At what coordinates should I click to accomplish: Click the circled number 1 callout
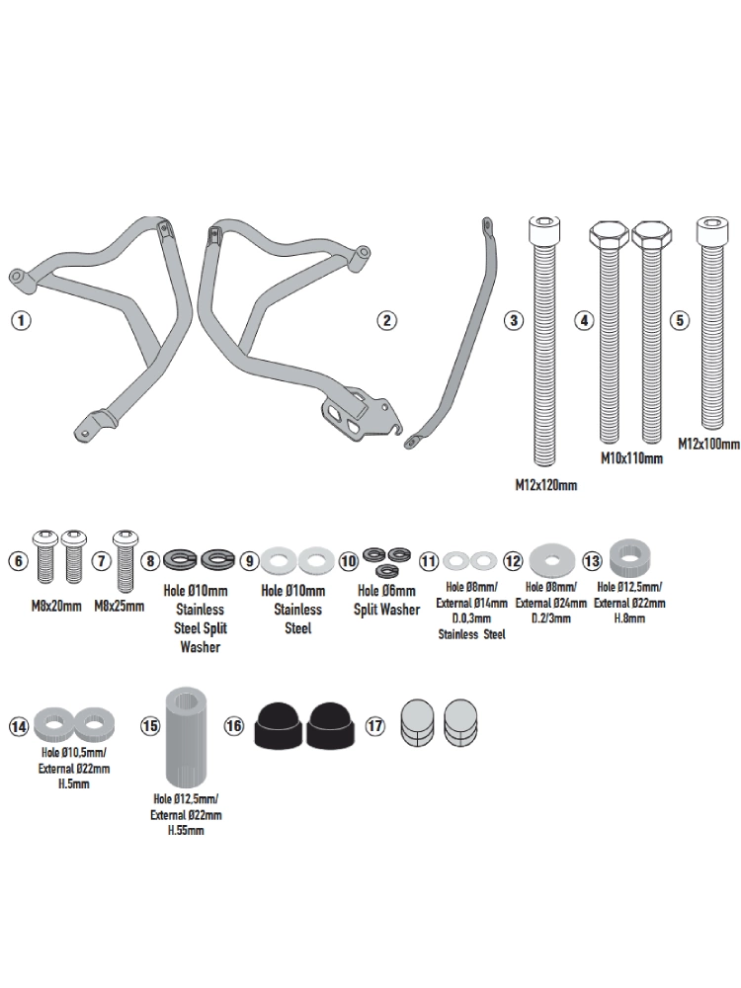20,320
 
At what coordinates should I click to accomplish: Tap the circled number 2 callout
386,320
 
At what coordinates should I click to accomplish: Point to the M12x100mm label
707,445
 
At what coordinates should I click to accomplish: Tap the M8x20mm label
55,606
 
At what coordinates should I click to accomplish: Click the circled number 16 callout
233,725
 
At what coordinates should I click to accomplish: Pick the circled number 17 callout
374,725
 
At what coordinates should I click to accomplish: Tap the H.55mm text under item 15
186,831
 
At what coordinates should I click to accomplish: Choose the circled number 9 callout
251,561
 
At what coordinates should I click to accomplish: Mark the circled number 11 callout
428,561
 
